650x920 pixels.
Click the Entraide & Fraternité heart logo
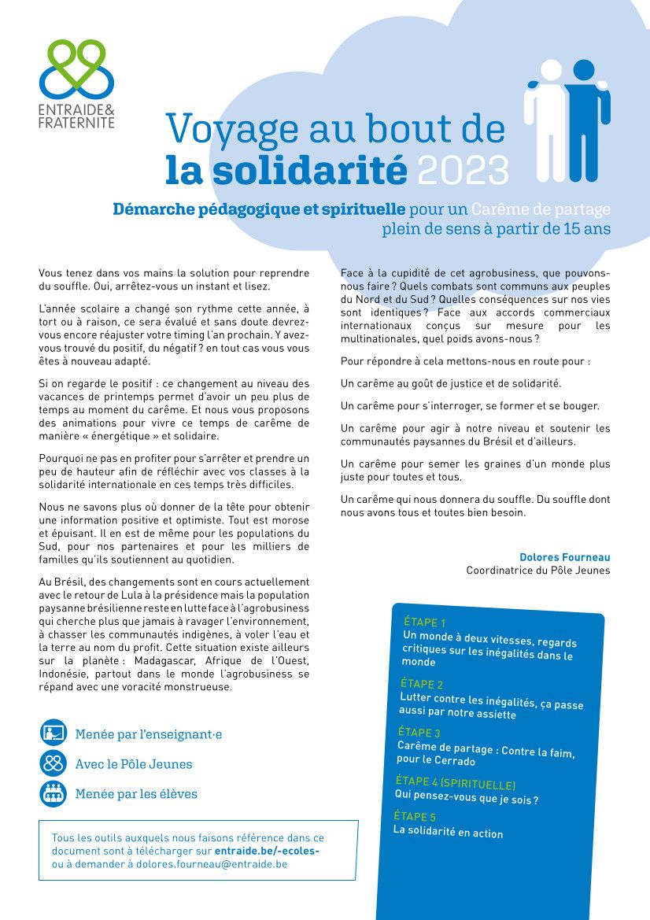pos(77,68)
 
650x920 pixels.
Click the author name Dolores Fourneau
pos(564,557)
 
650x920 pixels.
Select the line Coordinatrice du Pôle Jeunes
pos(537,571)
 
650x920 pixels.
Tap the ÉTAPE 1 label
pos(425,623)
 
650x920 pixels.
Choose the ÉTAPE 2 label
pos(422,684)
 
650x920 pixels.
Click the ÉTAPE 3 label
pos(419,732)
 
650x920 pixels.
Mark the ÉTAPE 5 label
pos(415,816)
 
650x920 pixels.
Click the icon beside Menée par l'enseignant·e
pos(54,733)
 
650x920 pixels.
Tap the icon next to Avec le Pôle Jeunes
pos(54,763)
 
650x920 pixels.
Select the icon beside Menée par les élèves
pos(54,793)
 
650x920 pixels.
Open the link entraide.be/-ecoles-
pos(268,851)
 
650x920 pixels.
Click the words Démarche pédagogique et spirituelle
pos(259,210)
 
